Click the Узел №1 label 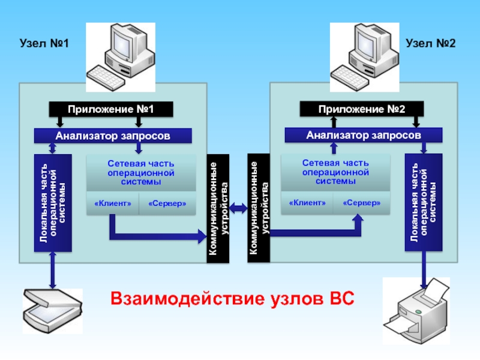44,43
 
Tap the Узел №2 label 430,43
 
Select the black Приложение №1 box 111,109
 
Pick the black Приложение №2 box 362,109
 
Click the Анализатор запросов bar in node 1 113,136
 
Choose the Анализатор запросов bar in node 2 364,135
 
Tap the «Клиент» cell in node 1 113,203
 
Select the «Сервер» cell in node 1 167,203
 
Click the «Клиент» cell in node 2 307,203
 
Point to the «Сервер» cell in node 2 362,203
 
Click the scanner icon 53,311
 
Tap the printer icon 416,311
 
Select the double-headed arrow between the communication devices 238,208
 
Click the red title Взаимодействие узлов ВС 232,298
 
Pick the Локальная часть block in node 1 53,203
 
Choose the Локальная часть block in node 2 424,202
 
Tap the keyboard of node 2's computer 350,77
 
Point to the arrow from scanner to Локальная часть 53,271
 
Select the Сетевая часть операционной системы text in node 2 335,172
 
